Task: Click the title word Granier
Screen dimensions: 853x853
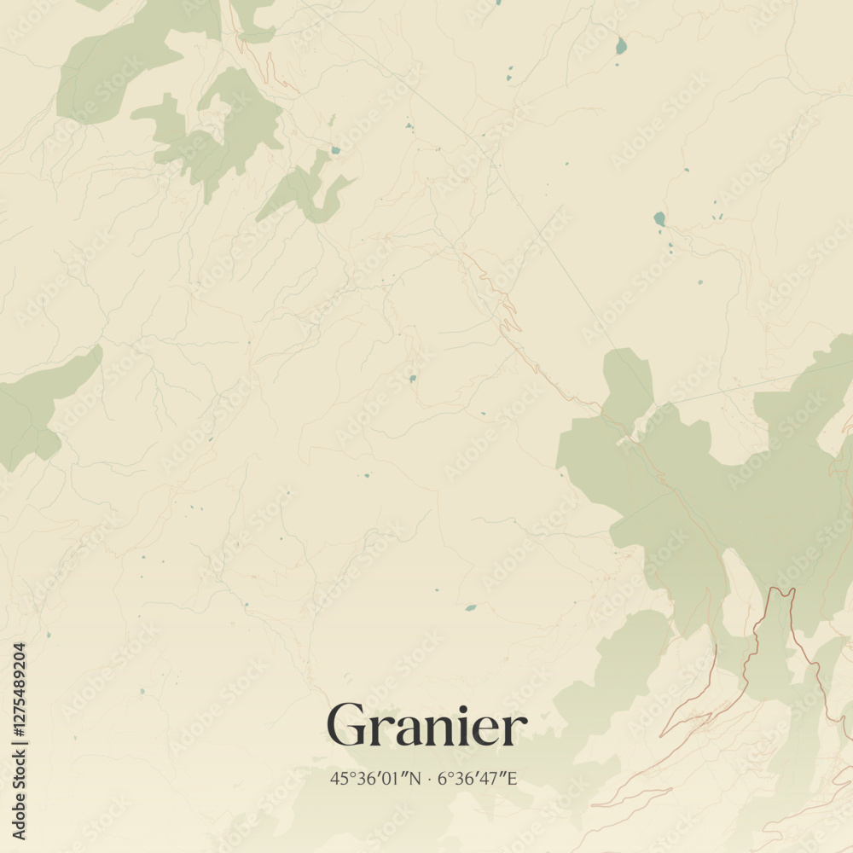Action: (x=426, y=728)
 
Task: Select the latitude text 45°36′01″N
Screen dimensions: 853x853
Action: (x=375, y=778)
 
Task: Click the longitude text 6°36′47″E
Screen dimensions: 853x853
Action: (x=478, y=778)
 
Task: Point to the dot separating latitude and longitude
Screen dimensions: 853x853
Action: (x=429, y=778)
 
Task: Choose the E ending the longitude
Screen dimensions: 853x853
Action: (x=513, y=778)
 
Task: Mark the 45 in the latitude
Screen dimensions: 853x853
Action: (x=338, y=778)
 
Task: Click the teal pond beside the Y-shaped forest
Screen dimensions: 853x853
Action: (x=335, y=150)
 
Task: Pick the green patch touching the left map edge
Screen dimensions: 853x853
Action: (x=34, y=409)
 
